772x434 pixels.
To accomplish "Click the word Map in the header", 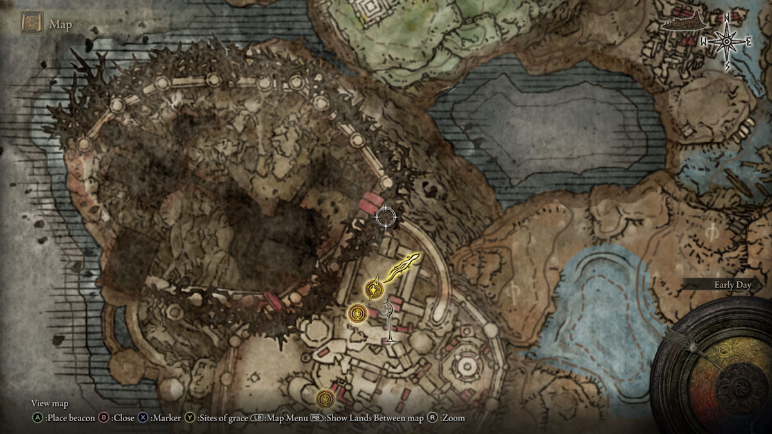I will [61, 25].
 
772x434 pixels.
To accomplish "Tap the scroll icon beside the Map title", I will [32, 24].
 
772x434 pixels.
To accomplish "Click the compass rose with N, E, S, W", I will [726, 42].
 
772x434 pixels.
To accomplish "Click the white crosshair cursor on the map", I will [386, 217].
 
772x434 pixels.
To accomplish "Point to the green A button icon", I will [37, 418].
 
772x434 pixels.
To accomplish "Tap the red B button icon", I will [103, 418].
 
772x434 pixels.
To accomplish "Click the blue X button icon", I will [143, 418].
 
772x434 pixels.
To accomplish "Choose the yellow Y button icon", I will [190, 418].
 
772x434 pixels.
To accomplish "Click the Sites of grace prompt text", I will [223, 418].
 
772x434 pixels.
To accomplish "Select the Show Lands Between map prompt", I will [374, 418].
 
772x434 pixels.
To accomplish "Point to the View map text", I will [50, 404].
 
